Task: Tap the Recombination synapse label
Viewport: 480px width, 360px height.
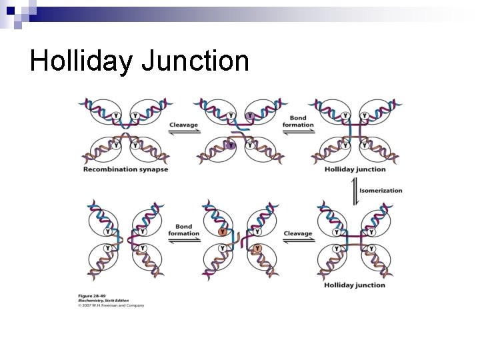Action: coord(125,169)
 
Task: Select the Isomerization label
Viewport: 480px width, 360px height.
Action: coord(381,191)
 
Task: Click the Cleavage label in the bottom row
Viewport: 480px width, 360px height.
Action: coord(297,233)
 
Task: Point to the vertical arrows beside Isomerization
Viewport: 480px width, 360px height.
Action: coord(354,191)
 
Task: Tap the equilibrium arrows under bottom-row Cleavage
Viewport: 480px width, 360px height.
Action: coord(298,241)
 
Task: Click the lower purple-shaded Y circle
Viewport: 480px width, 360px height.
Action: coord(231,145)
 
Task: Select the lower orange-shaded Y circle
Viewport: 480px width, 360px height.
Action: coord(257,249)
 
